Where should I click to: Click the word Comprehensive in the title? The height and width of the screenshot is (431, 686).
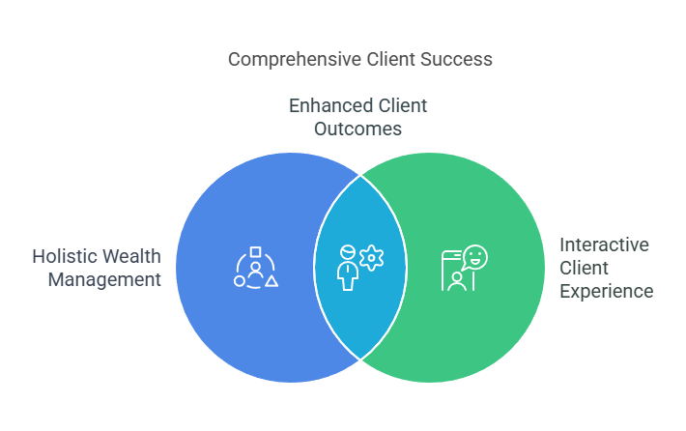click(295, 60)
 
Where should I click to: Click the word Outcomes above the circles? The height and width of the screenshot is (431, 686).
click(357, 129)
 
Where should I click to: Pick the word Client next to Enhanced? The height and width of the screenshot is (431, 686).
click(403, 106)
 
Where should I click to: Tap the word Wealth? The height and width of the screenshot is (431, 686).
click(132, 256)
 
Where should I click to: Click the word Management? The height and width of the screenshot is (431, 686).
click(104, 279)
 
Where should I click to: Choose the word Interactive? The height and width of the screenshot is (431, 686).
click(604, 245)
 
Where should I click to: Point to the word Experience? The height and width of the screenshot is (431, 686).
click(607, 292)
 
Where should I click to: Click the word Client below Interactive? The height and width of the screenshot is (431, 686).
click(584, 269)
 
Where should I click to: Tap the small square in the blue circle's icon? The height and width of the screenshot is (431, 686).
click(255, 251)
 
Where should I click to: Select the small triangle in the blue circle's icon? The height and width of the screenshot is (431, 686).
click(272, 281)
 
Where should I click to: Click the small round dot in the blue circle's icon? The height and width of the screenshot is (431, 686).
click(240, 281)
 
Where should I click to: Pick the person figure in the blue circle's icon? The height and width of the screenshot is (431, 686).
click(255, 270)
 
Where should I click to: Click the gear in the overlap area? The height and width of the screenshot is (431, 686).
click(371, 258)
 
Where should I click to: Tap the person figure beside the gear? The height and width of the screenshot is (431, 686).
click(348, 268)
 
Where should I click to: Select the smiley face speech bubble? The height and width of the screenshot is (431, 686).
click(474, 257)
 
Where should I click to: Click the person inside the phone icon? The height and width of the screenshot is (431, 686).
click(457, 281)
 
